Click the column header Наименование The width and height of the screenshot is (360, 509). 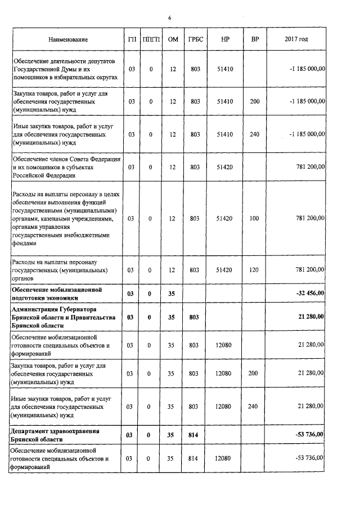[x=69, y=40]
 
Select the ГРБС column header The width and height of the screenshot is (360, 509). [x=195, y=40]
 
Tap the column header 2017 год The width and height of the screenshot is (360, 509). [x=296, y=40]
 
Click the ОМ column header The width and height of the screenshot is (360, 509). [x=173, y=40]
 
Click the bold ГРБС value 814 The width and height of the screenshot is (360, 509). [x=195, y=435]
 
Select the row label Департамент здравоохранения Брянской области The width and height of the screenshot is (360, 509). [x=55, y=435]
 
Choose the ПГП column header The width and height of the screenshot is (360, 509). [x=151, y=40]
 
